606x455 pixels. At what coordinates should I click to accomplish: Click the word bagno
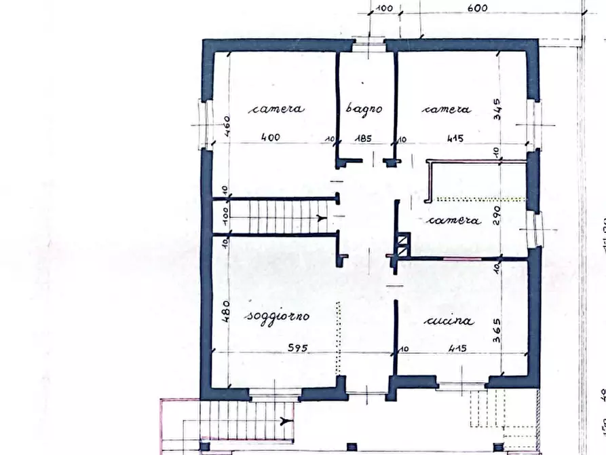click(364, 109)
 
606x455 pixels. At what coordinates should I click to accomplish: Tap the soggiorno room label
click(278, 316)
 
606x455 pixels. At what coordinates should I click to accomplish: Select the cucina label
click(449, 321)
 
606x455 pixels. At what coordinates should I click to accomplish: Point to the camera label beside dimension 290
click(454, 221)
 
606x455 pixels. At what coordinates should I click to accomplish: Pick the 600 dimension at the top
click(478, 8)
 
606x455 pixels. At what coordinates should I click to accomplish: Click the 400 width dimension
click(271, 138)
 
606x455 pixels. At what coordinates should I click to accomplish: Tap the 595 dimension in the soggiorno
click(297, 348)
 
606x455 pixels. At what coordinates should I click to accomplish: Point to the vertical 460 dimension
click(228, 126)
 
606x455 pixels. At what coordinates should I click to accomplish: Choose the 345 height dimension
click(498, 109)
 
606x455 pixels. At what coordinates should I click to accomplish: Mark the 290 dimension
click(498, 215)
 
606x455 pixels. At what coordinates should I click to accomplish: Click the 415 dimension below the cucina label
click(457, 348)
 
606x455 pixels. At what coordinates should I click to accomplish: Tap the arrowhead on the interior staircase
click(320, 218)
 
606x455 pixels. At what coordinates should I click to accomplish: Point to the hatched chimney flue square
click(403, 243)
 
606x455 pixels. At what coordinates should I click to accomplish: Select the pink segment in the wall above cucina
click(461, 259)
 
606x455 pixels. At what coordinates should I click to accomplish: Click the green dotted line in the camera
click(480, 199)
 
